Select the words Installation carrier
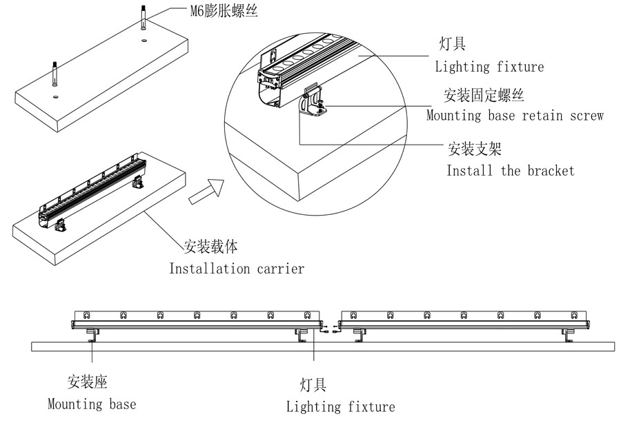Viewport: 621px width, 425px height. click(237, 268)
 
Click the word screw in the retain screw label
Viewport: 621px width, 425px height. click(586, 115)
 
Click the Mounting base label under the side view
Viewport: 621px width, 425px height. click(92, 404)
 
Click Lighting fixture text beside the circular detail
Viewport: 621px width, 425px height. click(489, 67)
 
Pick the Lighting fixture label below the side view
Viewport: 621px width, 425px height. click(341, 406)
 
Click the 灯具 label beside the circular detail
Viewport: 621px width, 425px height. click(453, 45)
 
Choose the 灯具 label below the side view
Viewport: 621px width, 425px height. click(313, 385)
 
